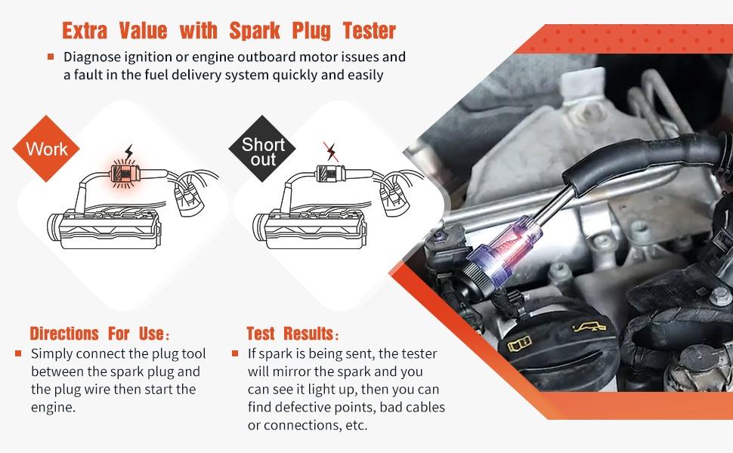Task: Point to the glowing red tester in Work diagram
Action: [120, 174]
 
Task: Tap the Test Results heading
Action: [293, 334]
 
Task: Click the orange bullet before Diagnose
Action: [51, 57]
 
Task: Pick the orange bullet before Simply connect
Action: [19, 353]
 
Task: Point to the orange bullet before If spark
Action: [235, 353]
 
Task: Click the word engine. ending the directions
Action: [54, 408]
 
